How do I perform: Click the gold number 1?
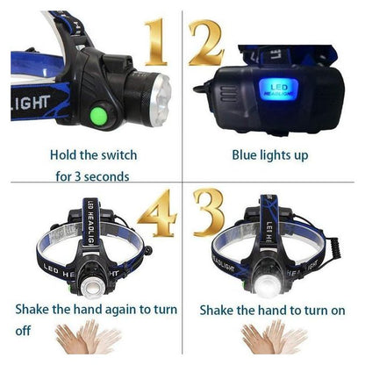coord(155,41)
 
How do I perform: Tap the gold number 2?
coord(206,42)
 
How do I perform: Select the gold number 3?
coord(210,212)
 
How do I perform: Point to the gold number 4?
coord(158,213)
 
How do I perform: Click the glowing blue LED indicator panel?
coord(278,89)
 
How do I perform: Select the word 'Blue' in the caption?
coord(244,155)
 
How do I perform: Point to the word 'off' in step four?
coord(23,331)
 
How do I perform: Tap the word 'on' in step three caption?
coord(338,311)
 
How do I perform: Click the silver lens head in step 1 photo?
coord(161,99)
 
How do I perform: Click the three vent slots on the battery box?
coord(229,94)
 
